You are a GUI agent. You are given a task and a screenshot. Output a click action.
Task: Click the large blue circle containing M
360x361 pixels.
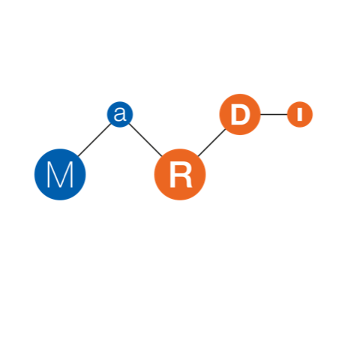(60, 174)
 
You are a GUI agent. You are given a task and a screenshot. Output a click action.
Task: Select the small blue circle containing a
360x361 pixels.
(120, 114)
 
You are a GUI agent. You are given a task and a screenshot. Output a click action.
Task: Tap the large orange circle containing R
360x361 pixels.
(180, 174)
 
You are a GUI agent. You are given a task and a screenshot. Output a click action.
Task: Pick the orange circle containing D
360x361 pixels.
(240, 114)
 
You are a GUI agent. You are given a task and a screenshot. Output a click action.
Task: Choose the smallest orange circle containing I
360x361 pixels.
(300, 114)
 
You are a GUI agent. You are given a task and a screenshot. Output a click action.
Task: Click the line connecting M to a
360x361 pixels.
(94, 140)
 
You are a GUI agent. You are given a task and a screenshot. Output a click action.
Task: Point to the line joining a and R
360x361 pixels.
(145, 140)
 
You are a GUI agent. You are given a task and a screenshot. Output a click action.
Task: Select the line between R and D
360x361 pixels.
(211, 143)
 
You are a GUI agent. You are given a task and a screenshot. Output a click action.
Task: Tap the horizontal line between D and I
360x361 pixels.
(274, 114)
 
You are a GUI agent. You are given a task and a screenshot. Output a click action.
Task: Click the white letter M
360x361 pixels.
(60, 174)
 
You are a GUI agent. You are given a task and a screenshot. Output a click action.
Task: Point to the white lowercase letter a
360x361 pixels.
(120, 115)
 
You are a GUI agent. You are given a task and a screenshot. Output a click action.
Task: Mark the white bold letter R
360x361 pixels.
(181, 174)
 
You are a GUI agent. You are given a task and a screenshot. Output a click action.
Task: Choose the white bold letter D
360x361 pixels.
(241, 114)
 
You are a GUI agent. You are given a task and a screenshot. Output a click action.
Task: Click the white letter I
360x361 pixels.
(300, 114)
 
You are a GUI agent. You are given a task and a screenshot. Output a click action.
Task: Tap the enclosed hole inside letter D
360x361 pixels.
(241, 114)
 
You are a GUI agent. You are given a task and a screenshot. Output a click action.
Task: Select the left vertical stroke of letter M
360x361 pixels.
(48, 174)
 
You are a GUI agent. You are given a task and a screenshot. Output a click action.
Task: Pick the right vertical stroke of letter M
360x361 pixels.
(72, 174)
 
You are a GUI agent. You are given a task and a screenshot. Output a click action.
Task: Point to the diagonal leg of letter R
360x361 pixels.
(188, 182)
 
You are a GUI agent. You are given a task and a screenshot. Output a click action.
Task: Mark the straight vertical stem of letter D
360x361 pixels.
(234, 114)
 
